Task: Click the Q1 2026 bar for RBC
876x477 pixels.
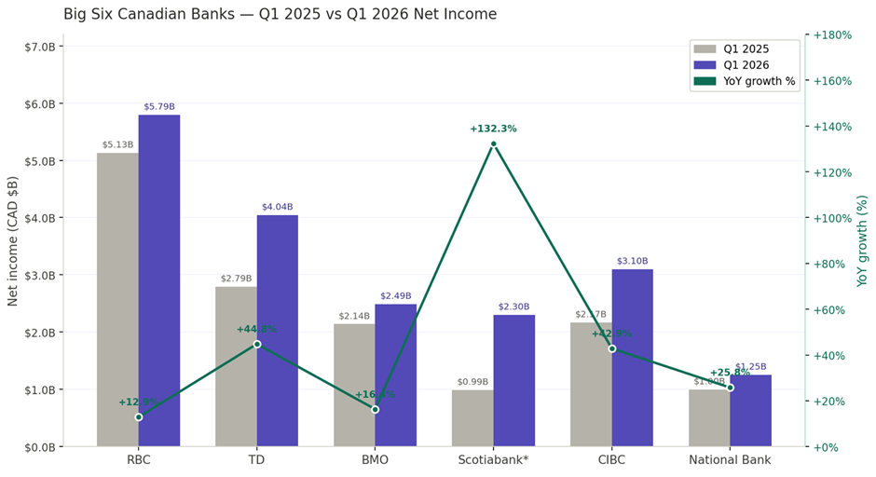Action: (159, 279)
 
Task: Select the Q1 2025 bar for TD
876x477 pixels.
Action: (236, 366)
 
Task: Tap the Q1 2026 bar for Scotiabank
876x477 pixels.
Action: (514, 380)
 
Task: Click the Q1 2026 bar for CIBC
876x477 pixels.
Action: (633, 358)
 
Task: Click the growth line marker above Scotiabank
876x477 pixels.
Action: (494, 143)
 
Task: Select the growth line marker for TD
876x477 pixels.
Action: (257, 344)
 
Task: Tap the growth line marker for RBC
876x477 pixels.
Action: (139, 416)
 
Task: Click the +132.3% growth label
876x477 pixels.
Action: (493, 129)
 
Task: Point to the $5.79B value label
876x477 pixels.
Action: (159, 107)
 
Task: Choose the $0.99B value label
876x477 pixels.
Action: (472, 382)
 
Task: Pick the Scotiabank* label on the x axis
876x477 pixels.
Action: (493, 460)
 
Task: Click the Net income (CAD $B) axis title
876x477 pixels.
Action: (13, 240)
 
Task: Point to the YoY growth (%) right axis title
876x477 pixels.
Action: (863, 240)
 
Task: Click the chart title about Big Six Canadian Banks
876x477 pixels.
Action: (280, 14)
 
